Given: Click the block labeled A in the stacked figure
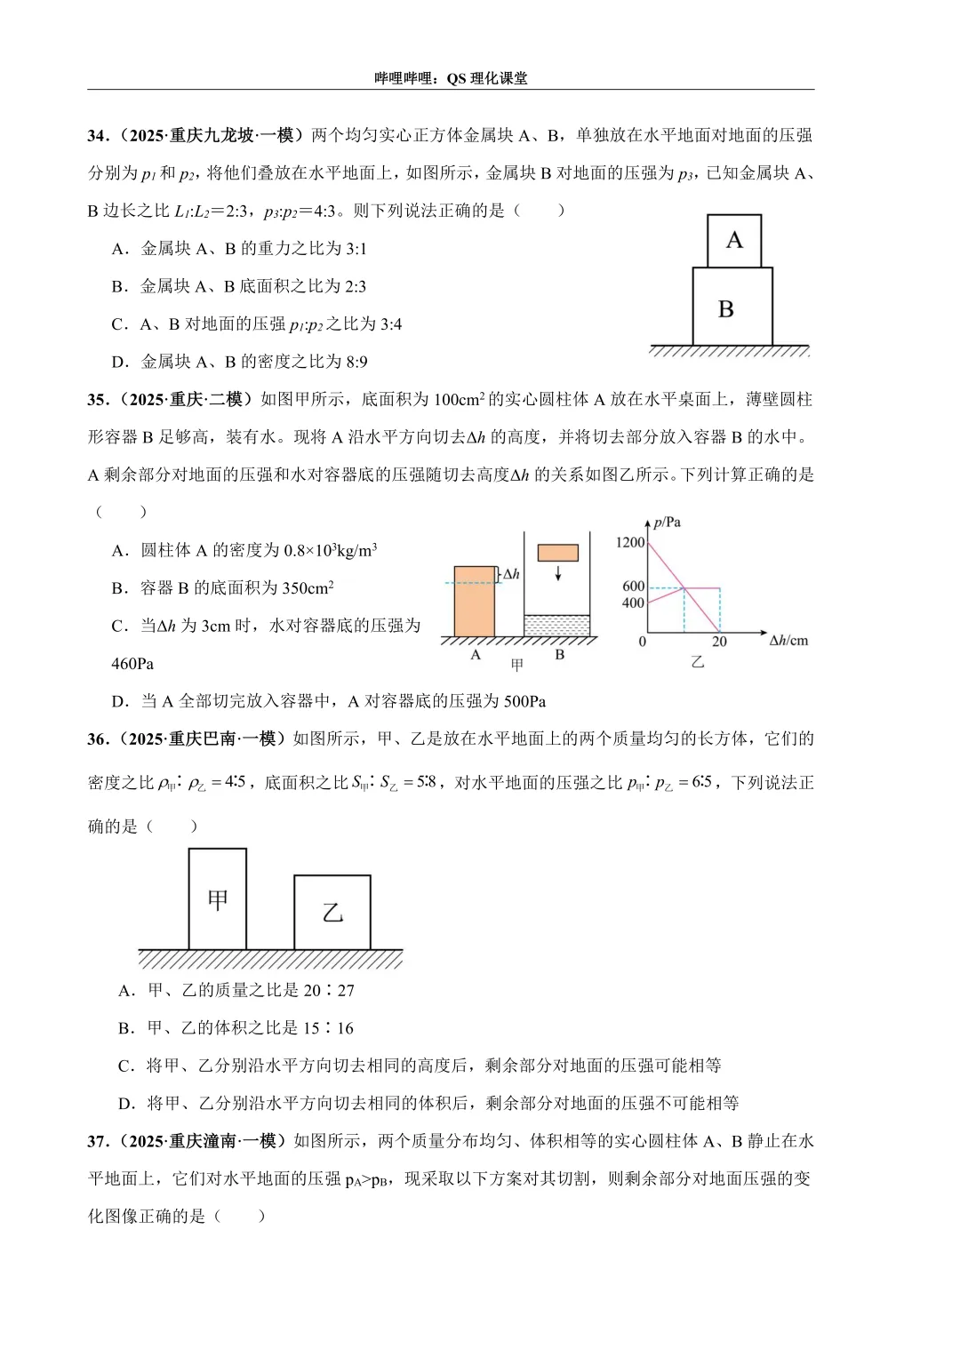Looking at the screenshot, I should click(734, 241).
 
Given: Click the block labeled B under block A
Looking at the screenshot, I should click(732, 307).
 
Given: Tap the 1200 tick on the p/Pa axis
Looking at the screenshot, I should click(630, 542).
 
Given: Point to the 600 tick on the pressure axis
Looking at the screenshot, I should click(634, 587).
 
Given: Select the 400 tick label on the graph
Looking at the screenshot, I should click(634, 603).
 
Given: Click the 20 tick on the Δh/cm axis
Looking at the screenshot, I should click(719, 642).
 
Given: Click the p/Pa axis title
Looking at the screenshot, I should click(667, 523).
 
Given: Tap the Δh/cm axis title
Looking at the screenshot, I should click(788, 640).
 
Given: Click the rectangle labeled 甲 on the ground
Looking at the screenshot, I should click(218, 899).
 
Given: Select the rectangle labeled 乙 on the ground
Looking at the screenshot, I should click(332, 913).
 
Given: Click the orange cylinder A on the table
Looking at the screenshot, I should click(474, 601).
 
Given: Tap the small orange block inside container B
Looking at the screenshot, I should click(557, 552).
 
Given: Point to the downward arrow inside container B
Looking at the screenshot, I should click(558, 573).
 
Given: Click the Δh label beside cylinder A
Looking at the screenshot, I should click(511, 574).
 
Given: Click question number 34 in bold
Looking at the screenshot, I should click(97, 135).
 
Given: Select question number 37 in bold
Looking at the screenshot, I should click(97, 1141).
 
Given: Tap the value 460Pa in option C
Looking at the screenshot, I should click(132, 664).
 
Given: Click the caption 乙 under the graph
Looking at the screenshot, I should click(698, 662).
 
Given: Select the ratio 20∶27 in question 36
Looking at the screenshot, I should click(328, 990).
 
